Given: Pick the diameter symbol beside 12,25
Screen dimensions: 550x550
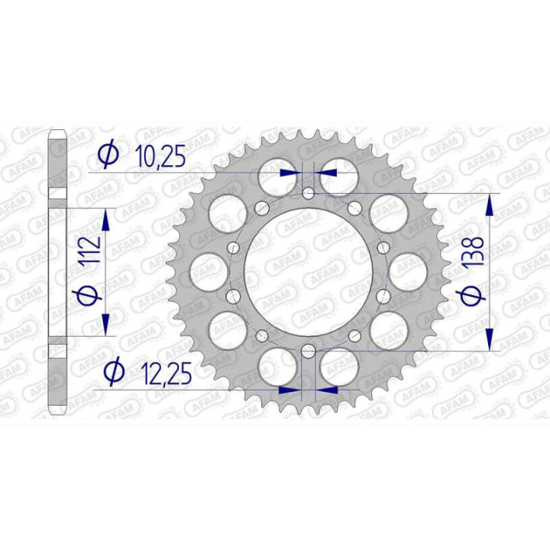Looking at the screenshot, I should pyautogui.click(x=112, y=371).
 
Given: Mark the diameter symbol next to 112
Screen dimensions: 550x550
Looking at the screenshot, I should pyautogui.click(x=89, y=294).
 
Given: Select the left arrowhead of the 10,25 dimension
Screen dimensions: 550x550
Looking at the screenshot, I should pyautogui.click(x=289, y=173).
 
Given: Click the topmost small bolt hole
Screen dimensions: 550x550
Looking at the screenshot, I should pyautogui.click(x=307, y=193).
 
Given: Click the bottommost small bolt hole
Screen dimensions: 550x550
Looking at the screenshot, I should pyautogui.click(x=307, y=351).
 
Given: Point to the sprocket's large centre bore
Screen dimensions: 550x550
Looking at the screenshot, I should pyautogui.click(x=307, y=272).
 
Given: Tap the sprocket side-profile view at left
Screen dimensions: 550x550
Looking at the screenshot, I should pyautogui.click(x=59, y=272).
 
